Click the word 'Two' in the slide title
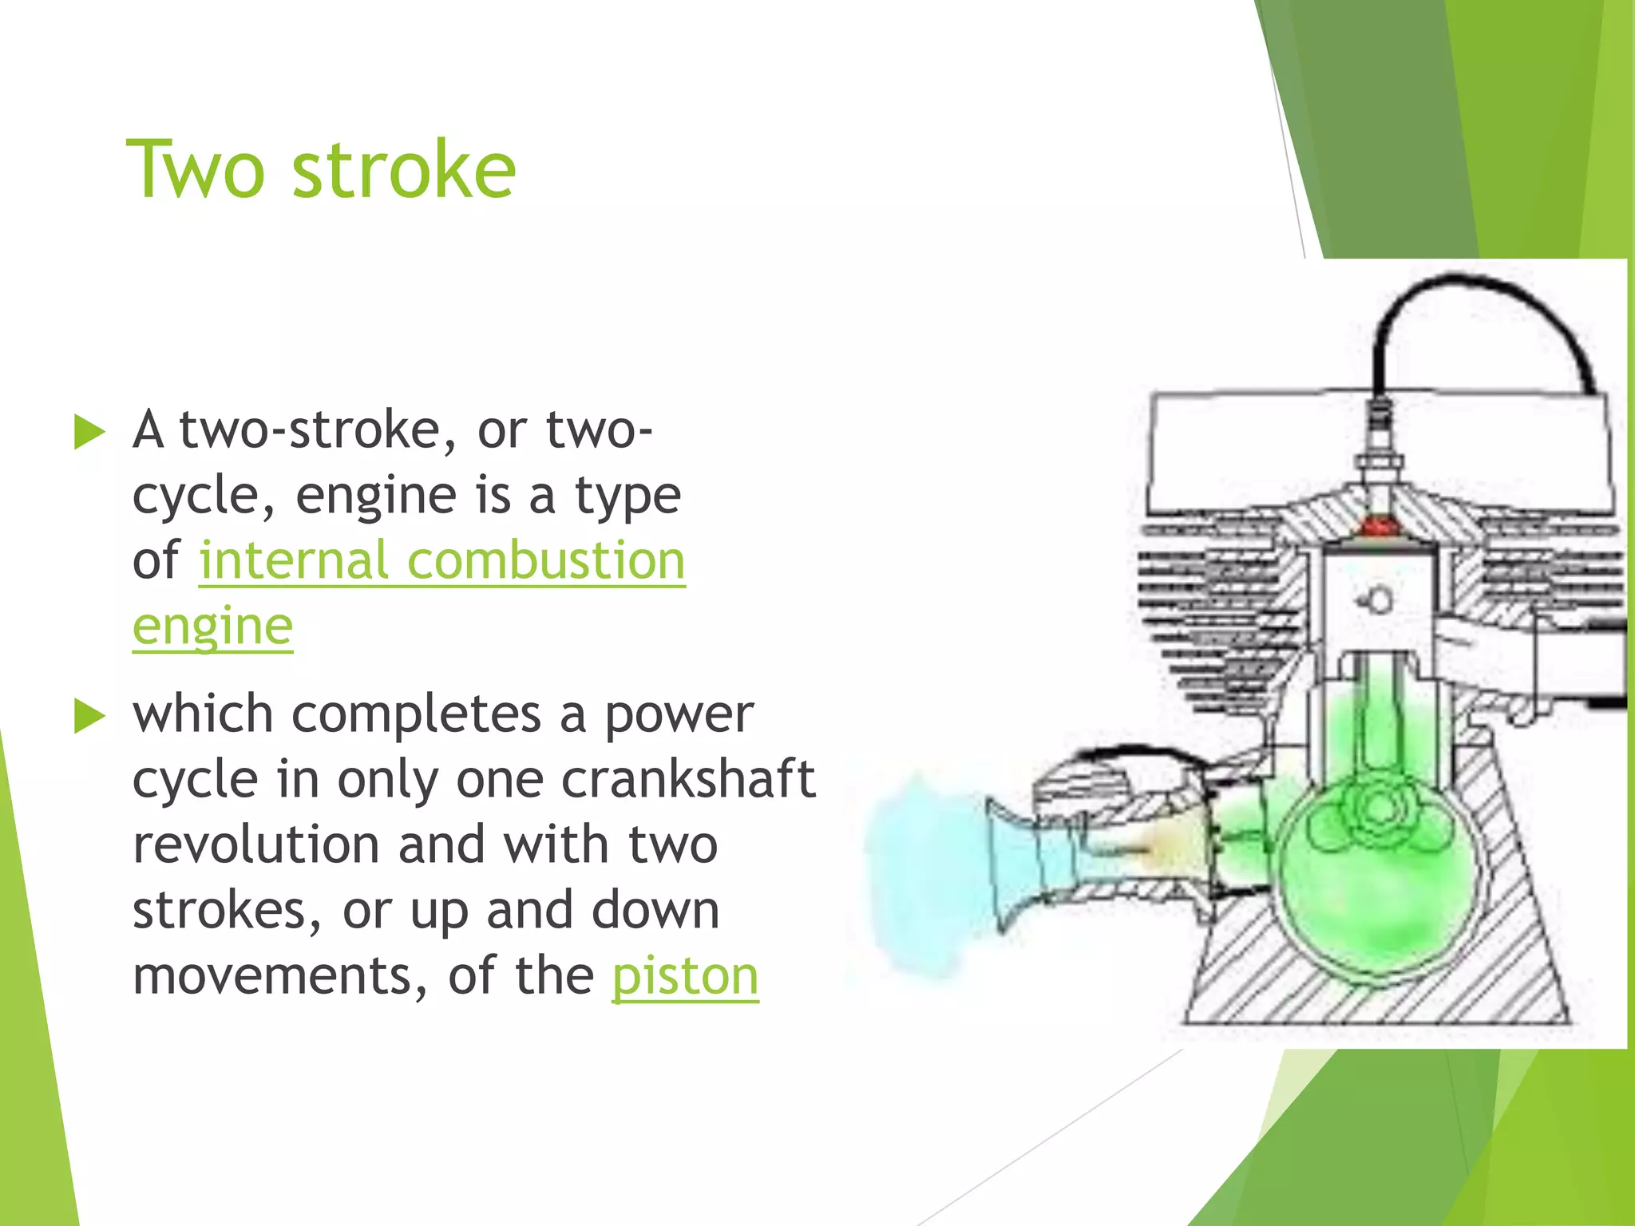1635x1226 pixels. pyautogui.click(x=196, y=169)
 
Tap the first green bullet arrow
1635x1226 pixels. pyautogui.click(x=89, y=433)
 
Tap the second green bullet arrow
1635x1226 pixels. pyautogui.click(x=89, y=716)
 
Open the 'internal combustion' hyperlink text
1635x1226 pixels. pyautogui.click(x=441, y=560)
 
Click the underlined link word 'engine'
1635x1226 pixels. pyautogui.click(x=212, y=627)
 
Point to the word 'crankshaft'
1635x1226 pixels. pyautogui.click(x=688, y=779)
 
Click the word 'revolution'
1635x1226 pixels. pyautogui.click(x=256, y=844)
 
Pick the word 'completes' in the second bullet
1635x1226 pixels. pyautogui.click(x=416, y=714)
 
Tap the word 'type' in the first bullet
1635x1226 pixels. pyautogui.click(x=628, y=496)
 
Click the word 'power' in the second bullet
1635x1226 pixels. pyautogui.click(x=679, y=714)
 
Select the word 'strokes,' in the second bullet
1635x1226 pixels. pyautogui.click(x=228, y=910)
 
